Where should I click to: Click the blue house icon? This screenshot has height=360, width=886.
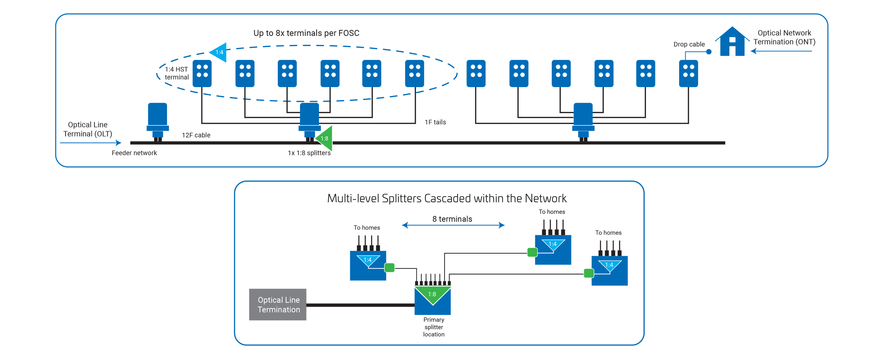pos(732,42)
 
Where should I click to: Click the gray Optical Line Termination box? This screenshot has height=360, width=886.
pos(277,305)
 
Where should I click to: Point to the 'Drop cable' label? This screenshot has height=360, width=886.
pos(689,44)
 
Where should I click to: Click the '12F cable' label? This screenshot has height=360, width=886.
pos(196,135)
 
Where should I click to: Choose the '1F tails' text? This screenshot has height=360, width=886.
pos(435,122)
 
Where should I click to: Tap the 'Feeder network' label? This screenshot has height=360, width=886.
pos(134,153)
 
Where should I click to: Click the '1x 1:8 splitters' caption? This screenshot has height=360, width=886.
pos(309,153)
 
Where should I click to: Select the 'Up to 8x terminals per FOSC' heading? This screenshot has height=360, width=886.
pos(306,33)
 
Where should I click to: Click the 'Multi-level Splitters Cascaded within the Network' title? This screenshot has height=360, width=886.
pos(446,199)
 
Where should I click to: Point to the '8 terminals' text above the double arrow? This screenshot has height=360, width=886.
pos(452,219)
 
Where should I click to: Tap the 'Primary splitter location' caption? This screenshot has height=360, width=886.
pos(433,327)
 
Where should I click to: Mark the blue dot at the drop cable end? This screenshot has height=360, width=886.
pos(709,52)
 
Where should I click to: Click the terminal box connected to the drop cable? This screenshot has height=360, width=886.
pos(688,73)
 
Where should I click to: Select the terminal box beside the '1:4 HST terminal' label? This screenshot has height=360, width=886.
pos(202,73)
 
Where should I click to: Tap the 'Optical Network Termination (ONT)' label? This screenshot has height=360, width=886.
pos(784,37)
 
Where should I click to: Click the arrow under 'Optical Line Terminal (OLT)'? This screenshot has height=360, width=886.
pos(91,143)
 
